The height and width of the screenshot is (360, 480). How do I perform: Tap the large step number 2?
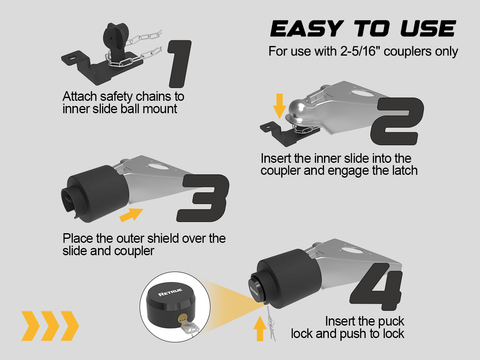pos(397,121)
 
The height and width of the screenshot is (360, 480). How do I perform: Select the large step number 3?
pos(203,198)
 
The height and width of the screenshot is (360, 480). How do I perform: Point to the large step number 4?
pos(376,286)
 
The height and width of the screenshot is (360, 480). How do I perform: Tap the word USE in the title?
pos(428,28)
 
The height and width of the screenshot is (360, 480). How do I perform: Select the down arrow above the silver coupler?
pos(280,106)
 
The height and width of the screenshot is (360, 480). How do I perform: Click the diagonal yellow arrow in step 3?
pos(131,215)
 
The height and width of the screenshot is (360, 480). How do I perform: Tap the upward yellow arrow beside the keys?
pos(260,328)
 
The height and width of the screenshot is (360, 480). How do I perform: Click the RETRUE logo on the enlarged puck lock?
pos(170,292)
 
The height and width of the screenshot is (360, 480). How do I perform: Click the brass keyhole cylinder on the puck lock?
pos(182,318)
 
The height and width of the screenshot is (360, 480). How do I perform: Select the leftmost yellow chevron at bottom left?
pos(30,326)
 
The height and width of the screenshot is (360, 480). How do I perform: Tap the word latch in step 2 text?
pos(405,170)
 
